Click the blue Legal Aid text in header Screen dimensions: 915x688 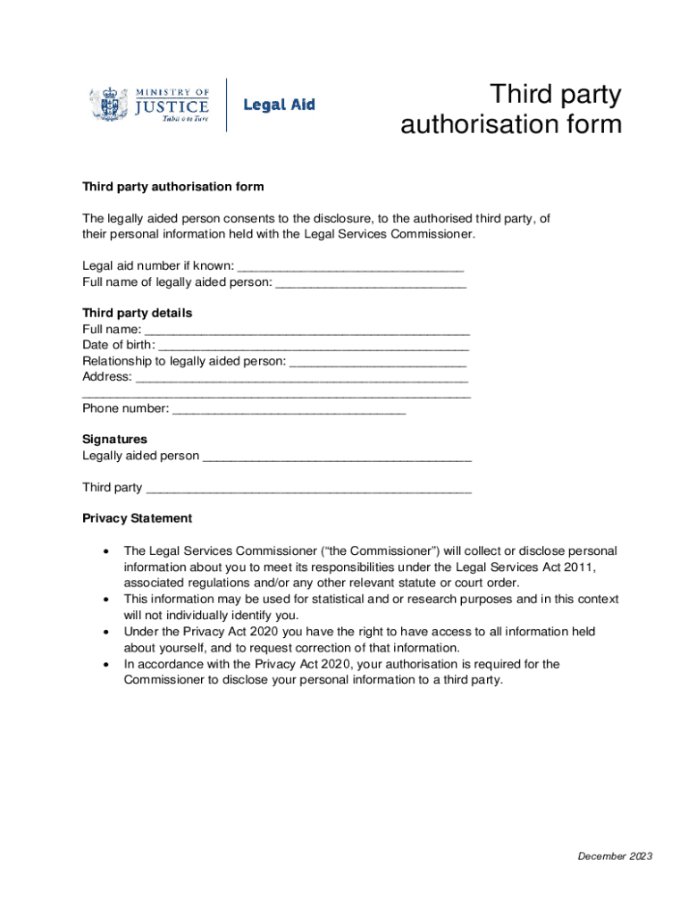[279, 105]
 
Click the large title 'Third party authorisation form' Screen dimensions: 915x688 [511, 110]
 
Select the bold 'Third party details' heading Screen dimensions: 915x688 [137, 314]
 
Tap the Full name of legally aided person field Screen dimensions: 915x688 [371, 283]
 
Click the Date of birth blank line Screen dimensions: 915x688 [314, 346]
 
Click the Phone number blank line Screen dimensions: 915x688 [289, 409]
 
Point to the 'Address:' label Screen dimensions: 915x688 [107, 377]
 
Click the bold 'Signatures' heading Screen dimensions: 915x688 [114, 440]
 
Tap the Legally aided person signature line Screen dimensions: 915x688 [337, 457]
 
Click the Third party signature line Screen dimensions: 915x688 [308, 489]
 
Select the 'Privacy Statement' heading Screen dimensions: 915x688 [137, 518]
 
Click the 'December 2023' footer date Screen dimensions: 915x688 [615, 857]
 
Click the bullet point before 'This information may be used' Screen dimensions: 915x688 [107, 600]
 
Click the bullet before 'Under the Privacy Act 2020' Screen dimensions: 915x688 [107, 632]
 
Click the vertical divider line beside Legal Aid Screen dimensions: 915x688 [226, 105]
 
